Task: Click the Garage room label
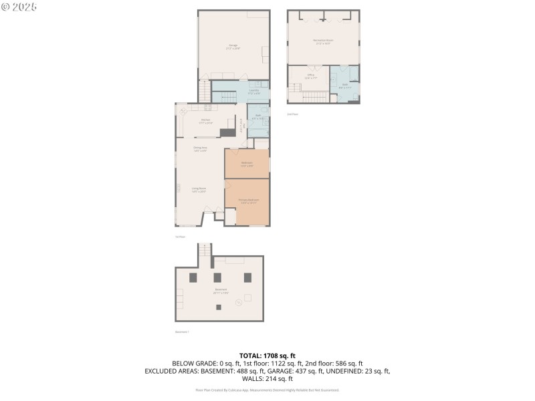(233, 47)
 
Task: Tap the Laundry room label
(253, 91)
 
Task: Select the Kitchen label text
(206, 122)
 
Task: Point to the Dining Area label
(200, 149)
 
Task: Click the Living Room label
(199, 190)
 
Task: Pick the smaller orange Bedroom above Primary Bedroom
(247, 164)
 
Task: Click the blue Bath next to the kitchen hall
(258, 117)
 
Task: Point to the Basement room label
(221, 291)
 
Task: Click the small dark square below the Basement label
(219, 307)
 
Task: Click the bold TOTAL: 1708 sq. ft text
(267, 356)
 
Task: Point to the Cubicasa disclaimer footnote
(267, 390)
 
